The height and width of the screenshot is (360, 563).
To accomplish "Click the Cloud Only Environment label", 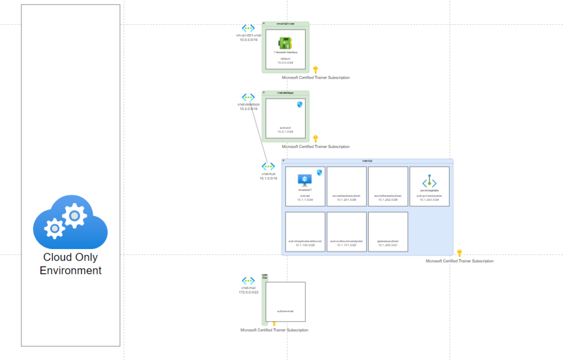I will point(70,264).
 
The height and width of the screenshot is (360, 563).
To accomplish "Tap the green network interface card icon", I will point(285,43).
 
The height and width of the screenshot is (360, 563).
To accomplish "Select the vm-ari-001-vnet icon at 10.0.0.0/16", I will point(249,28).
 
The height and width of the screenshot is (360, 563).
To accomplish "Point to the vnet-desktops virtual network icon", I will point(249,97).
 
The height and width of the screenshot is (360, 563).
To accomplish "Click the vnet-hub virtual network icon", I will point(268,167).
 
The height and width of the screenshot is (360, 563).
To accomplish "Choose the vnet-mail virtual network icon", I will point(249,281).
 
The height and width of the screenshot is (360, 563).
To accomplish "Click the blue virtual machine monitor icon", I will point(305,180).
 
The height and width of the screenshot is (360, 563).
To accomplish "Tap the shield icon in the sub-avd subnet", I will point(300,104).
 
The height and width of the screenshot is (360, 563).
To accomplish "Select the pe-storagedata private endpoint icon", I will point(429,182).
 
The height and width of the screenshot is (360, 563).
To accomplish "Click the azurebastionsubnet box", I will point(346,186).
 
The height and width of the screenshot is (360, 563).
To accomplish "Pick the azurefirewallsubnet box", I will point(388,186).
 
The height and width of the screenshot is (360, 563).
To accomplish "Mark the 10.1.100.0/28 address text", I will point(305,245).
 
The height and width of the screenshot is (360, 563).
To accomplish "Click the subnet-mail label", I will point(285,311).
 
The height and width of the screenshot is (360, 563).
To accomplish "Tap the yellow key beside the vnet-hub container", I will point(460,253).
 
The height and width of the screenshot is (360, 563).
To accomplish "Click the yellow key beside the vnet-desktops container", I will point(316,139).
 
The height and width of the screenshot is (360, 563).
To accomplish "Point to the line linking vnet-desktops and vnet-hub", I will point(259,135).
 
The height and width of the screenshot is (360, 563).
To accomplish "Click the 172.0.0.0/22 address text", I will point(249,292).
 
